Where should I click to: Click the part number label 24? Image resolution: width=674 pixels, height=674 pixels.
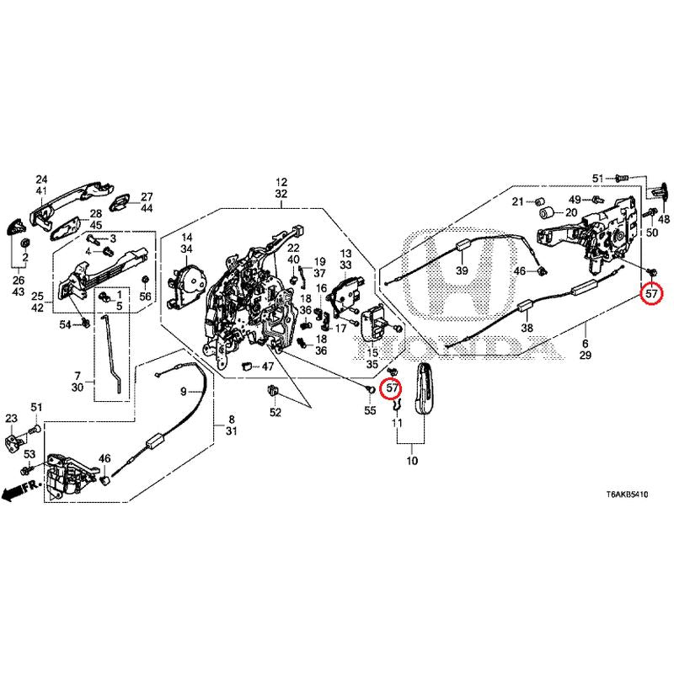coord(41,179)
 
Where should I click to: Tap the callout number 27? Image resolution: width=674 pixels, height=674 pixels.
coord(147,196)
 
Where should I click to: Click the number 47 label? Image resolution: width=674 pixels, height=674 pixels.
coord(243,366)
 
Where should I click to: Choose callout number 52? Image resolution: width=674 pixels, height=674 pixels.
coord(275,412)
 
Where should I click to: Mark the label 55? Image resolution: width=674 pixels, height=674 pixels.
coord(369,410)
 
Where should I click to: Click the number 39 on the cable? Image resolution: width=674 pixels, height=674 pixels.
coord(462,271)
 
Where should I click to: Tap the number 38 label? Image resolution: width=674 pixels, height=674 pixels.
coord(527,329)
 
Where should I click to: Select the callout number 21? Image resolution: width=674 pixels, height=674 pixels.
coord(518,201)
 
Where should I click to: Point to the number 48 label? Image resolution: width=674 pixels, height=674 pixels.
coord(664,219)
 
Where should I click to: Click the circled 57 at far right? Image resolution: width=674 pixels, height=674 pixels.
coord(652,295)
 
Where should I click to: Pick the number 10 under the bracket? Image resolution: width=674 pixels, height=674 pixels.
coord(412,462)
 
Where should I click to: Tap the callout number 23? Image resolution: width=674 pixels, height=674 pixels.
coord(11,419)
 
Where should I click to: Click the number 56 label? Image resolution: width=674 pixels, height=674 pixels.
coord(145,297)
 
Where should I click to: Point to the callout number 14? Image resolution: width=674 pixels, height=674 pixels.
coord(187,238)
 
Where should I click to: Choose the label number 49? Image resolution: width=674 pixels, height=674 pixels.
coord(575,199)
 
